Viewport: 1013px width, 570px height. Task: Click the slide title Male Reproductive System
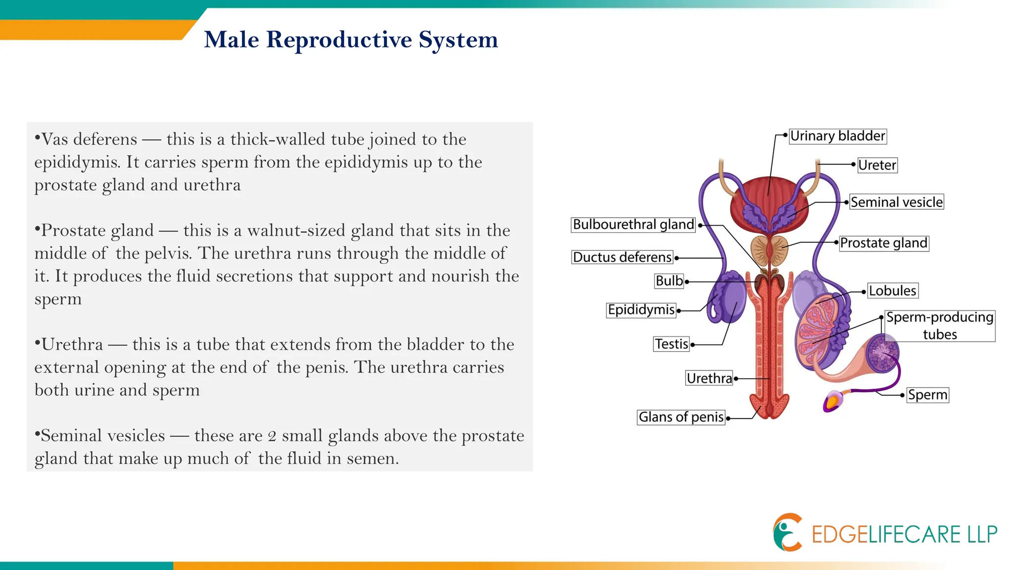coord(351,40)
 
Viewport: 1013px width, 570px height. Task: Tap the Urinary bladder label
coord(837,136)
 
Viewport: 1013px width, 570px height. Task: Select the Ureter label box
coord(877,165)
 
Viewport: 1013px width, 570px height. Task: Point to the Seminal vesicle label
coord(896,202)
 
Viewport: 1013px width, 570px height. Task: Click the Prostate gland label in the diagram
coord(883,243)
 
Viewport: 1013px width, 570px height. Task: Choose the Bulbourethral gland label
coord(633,225)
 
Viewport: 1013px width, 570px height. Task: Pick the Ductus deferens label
coord(622,257)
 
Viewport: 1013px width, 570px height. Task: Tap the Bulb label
coord(669,281)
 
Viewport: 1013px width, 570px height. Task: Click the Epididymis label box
coord(641,310)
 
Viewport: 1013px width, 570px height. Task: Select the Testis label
coord(672,344)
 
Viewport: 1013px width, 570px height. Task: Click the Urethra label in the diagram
coord(709,379)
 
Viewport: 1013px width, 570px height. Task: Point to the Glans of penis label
coord(681,417)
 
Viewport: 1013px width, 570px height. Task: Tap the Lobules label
coord(892,290)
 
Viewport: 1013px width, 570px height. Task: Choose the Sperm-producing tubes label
coord(939,326)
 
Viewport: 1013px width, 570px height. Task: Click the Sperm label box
coord(927,395)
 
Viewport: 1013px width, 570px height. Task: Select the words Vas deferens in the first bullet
coord(89,140)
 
